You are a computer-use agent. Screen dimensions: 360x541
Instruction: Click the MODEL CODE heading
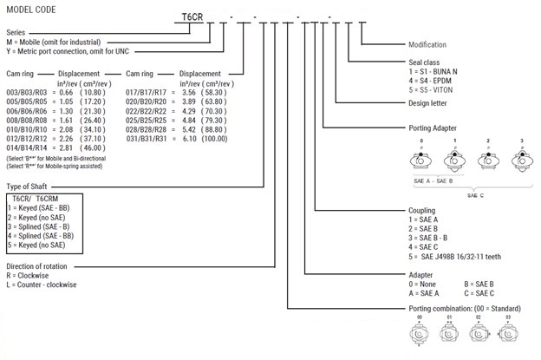[29, 8]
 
